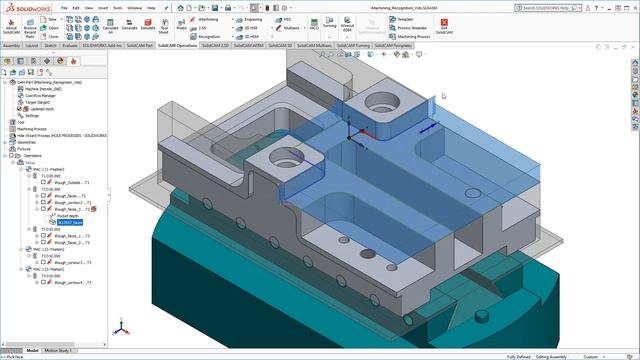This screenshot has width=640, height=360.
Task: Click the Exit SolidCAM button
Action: tap(443, 28)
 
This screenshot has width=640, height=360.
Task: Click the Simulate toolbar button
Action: tap(147, 28)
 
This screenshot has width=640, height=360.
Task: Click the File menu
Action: tap(62, 7)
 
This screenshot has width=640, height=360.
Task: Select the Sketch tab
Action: tap(50, 45)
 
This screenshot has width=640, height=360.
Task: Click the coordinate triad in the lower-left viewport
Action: tap(121, 326)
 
